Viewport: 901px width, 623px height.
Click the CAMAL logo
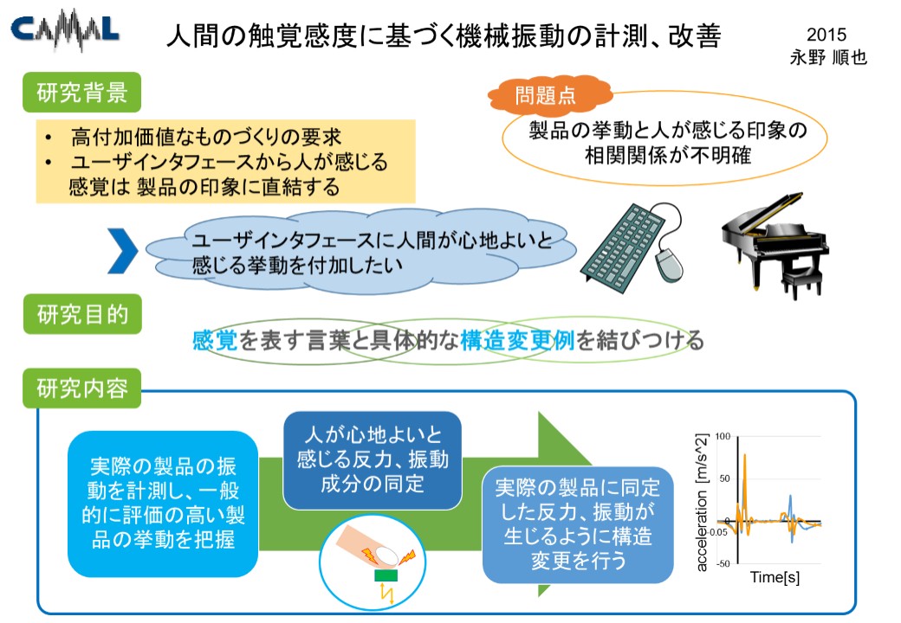[65, 29]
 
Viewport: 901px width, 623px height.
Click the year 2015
[826, 35]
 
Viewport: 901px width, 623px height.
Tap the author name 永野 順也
[828, 57]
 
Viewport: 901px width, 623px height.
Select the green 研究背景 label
[81, 93]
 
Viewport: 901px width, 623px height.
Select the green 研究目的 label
[82, 314]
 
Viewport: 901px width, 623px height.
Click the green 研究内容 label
[81, 389]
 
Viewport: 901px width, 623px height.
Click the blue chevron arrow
[122, 251]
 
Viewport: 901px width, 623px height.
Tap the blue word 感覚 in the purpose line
[215, 341]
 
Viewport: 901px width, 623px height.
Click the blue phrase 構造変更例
[517, 341]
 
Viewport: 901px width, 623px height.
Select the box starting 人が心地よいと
[373, 460]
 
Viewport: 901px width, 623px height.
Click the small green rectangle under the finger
[386, 575]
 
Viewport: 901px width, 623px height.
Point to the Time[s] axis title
[775, 577]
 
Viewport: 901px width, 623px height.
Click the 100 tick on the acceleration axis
[723, 437]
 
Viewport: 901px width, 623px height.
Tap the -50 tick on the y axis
[723, 564]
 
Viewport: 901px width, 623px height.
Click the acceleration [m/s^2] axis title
[702, 503]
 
